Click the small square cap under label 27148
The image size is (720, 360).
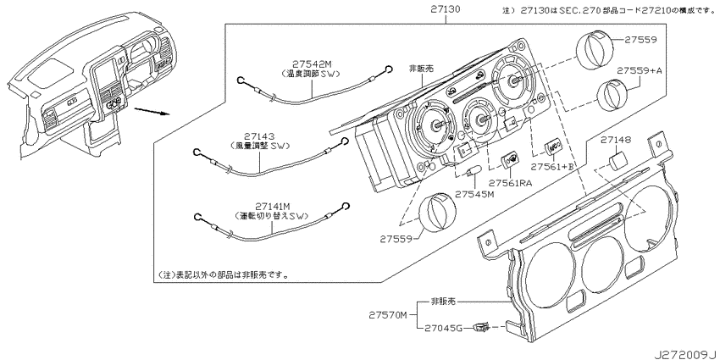click(x=618, y=160)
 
